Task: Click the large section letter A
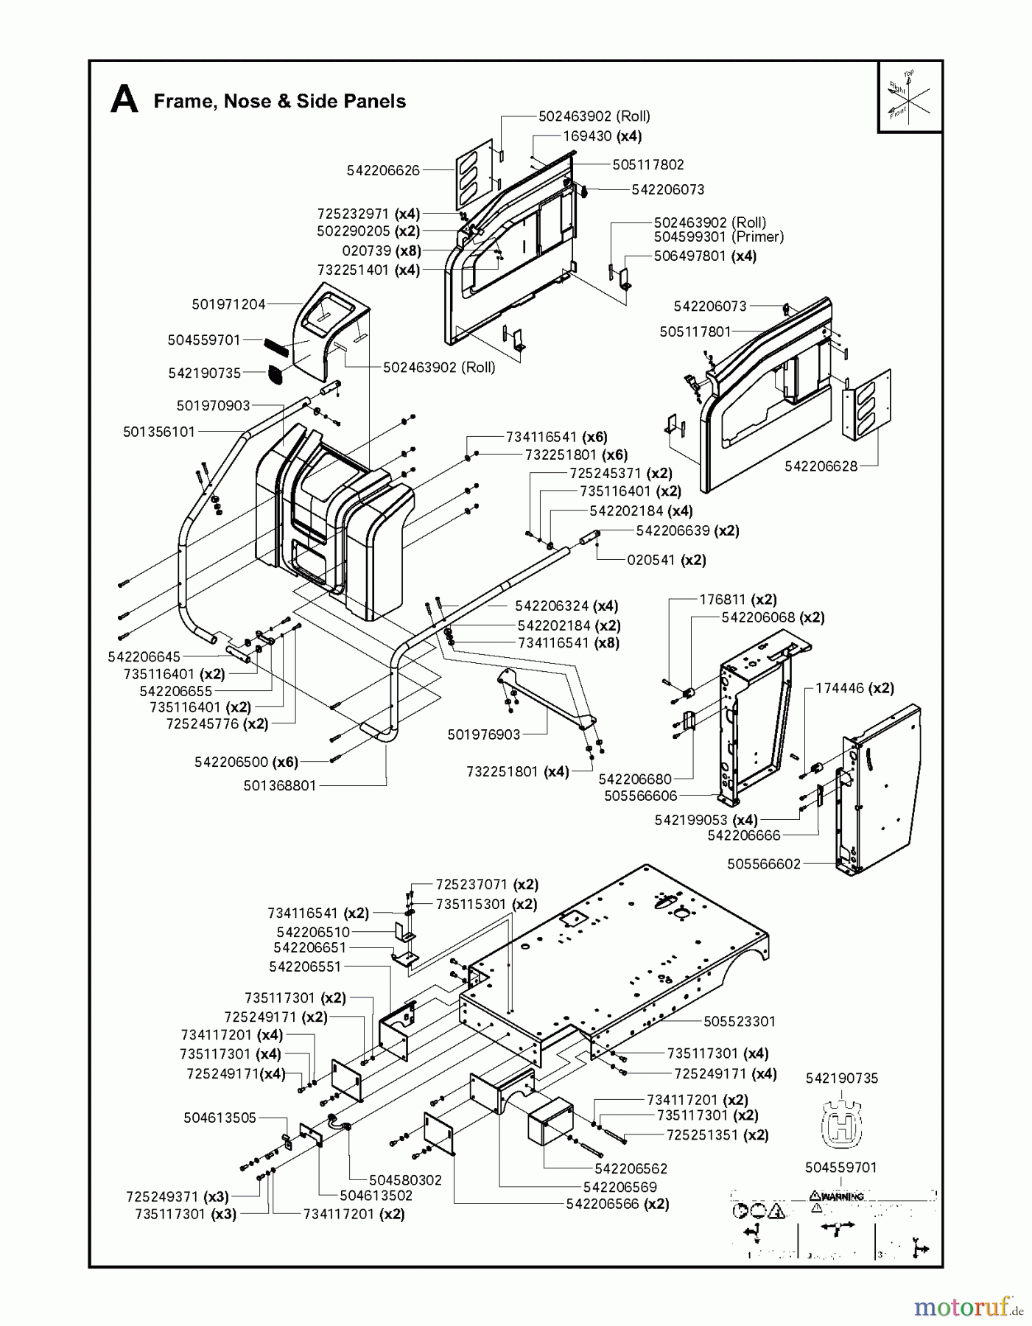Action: coord(124,100)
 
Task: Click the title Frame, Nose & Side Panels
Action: coord(279,102)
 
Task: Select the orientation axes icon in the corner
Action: coord(909,98)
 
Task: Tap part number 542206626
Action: coord(383,170)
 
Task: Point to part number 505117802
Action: coord(647,164)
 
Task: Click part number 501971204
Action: coord(228,304)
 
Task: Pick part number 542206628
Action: coord(821,466)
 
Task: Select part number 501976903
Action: coord(484,734)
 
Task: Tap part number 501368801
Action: coord(280,785)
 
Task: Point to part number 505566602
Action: coord(763,863)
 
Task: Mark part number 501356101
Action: coord(159,432)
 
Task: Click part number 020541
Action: coord(651,560)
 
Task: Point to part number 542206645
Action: coord(144,656)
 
